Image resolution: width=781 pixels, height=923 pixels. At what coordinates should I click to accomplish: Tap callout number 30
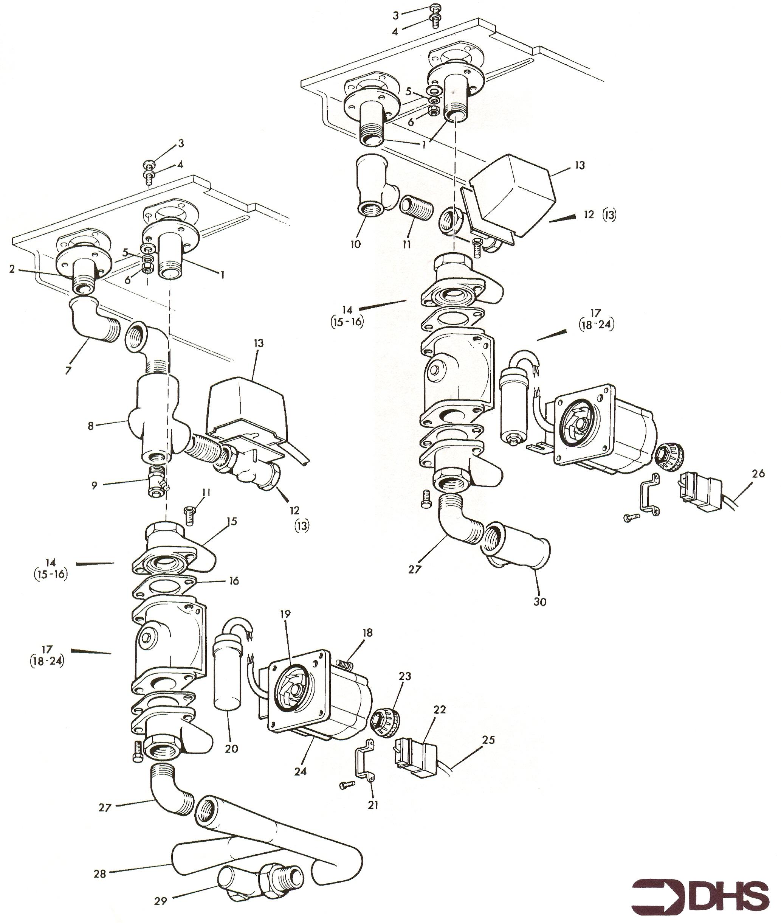[540, 601]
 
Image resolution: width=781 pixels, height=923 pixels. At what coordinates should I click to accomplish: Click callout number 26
[758, 474]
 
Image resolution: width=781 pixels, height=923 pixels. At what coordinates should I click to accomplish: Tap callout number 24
[300, 771]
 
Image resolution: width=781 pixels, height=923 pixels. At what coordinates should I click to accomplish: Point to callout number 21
[373, 805]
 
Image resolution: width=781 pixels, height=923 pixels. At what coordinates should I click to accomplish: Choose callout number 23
[404, 676]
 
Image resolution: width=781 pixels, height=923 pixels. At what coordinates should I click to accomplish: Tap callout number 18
[367, 633]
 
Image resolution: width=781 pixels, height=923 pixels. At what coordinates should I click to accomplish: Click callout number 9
[94, 485]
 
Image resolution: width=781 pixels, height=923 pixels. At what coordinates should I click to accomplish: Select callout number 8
[91, 426]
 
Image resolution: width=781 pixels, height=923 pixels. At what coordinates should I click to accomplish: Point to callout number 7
[68, 370]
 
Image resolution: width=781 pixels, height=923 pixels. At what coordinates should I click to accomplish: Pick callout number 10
[355, 244]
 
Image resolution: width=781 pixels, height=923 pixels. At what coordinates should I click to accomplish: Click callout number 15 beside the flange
[232, 521]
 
